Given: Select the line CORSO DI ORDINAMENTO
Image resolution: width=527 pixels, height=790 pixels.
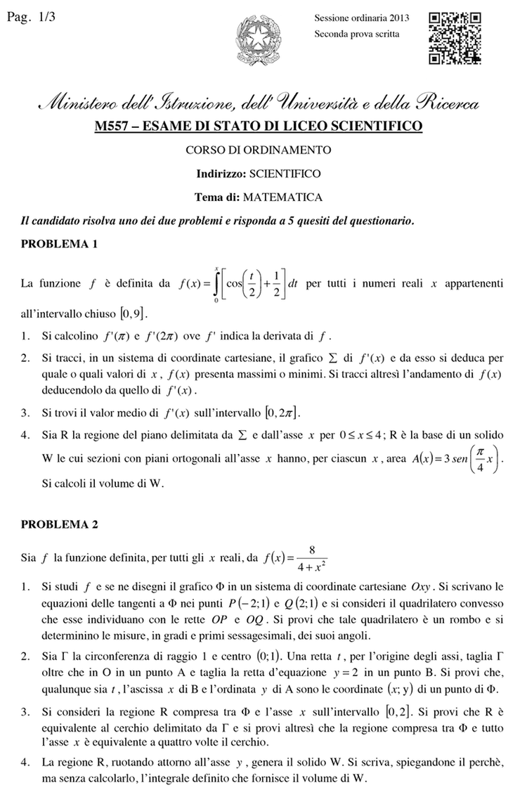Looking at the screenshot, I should (258, 150).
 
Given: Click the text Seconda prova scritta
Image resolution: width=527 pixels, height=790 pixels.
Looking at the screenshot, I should (357, 33).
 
